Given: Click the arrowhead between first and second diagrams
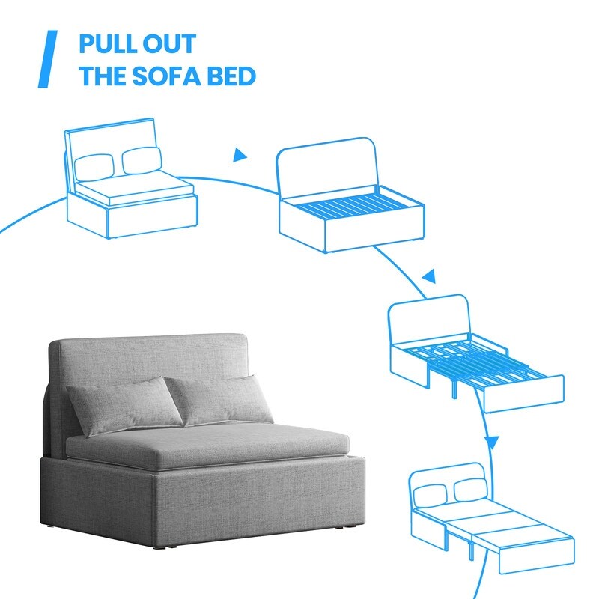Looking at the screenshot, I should (x=240, y=156).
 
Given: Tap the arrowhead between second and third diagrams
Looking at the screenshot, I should (x=428, y=278).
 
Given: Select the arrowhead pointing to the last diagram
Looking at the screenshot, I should (x=491, y=440).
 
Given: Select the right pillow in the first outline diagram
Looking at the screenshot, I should (x=140, y=159).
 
